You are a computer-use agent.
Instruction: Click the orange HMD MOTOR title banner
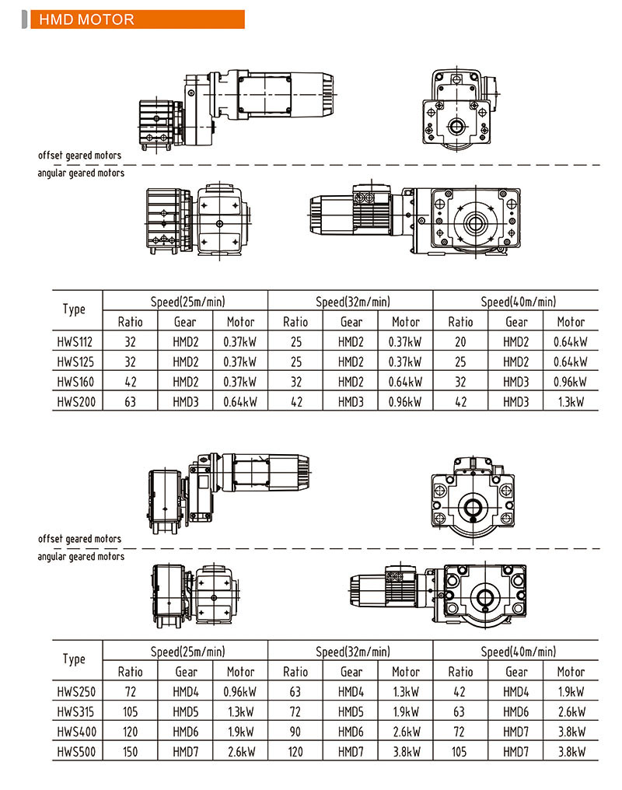(x=136, y=19)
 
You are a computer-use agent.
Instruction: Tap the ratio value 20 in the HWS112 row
(x=460, y=341)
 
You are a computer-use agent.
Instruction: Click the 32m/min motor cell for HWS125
(x=405, y=362)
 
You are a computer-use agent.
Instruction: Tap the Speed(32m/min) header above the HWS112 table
(x=352, y=301)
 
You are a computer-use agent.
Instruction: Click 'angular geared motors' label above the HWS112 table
(x=81, y=173)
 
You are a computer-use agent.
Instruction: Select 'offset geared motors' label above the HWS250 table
(x=79, y=539)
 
